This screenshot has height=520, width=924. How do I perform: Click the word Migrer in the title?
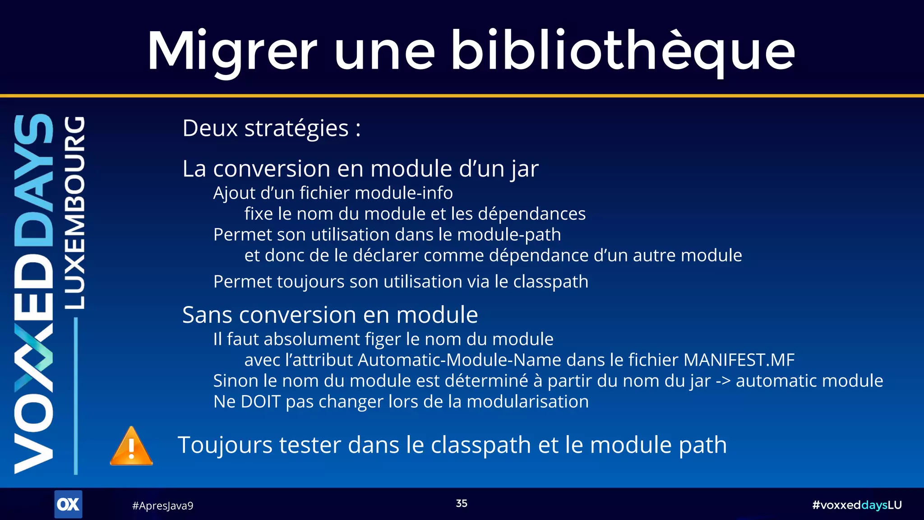tap(232, 51)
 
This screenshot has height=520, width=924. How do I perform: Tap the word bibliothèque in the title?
tap(623, 51)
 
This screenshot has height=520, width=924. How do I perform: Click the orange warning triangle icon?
tap(131, 446)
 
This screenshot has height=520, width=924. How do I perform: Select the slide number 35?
tap(462, 503)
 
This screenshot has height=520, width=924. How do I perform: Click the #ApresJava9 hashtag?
tap(162, 506)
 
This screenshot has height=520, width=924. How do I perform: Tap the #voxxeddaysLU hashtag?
tap(857, 505)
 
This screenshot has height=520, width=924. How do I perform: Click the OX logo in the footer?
tap(68, 504)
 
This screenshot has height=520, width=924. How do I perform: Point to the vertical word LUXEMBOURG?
tap(74, 212)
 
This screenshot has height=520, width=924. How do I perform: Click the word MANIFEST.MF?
tap(739, 360)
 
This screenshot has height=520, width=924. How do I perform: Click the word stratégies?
tap(296, 128)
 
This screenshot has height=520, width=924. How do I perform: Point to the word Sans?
tap(207, 315)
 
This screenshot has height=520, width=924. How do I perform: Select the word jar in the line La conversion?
tap(525, 169)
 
